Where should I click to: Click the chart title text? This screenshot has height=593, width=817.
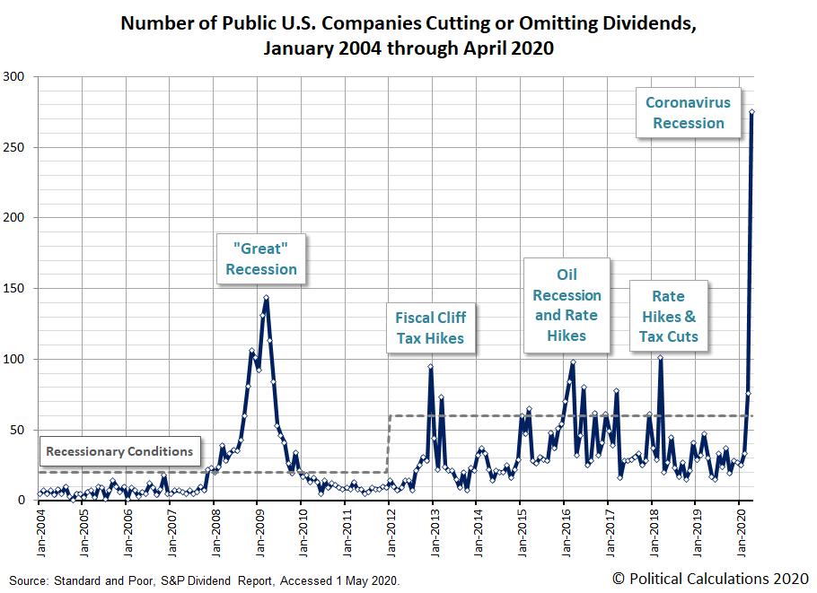click(408, 35)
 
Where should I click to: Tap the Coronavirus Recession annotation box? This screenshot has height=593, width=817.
click(688, 113)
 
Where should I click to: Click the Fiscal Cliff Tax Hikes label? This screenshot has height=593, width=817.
click(430, 327)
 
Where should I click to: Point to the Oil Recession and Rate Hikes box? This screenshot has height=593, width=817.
click(567, 304)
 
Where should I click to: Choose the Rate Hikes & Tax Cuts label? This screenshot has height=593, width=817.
click(668, 316)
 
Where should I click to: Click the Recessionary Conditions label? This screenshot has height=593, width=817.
click(119, 451)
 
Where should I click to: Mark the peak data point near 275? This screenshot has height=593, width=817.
click(751, 112)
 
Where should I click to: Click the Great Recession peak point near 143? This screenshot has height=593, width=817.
click(266, 298)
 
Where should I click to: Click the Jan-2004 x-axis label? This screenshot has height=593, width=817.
click(40, 532)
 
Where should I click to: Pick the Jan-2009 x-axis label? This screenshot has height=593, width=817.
click(259, 532)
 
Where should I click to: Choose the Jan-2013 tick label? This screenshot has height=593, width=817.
click(434, 532)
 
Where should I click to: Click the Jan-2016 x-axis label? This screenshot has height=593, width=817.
click(566, 532)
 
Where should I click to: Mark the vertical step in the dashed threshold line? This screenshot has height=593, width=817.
click(388, 444)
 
